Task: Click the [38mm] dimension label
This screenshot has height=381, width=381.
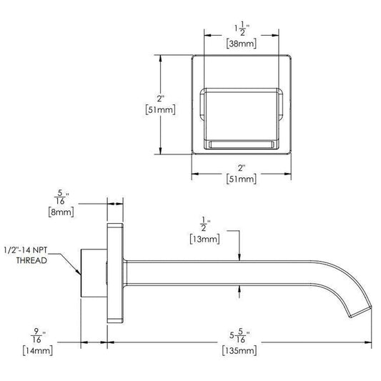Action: pos(242,44)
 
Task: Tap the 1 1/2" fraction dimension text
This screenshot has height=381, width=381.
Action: pos(241,30)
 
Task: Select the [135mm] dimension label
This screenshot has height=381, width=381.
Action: pos(239,351)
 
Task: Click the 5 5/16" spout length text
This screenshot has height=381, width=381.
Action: pos(239,335)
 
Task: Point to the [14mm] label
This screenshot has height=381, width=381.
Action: pos(38,351)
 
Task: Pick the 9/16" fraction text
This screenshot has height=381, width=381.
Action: pos(38,335)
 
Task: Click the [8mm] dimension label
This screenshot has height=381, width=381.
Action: pos(61,212)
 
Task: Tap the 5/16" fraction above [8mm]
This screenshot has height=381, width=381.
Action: pos(61,197)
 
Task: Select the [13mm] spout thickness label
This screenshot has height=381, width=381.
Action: pos(205,239)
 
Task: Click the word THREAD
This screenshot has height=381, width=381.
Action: pos(31,260)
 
